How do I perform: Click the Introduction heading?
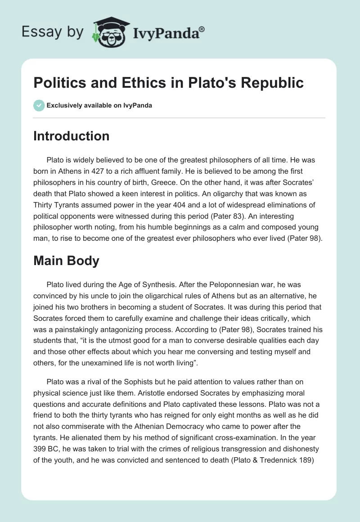[71, 136]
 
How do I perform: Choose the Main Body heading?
[66, 261]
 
